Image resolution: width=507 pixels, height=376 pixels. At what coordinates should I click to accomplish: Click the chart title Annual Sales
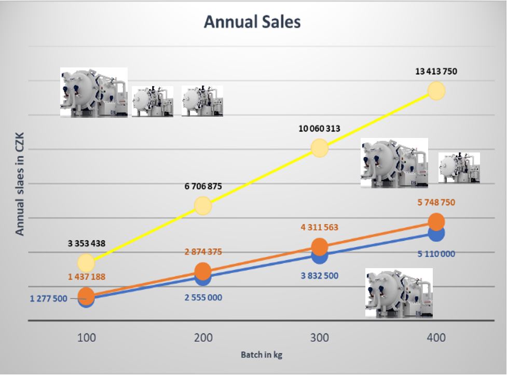(252, 22)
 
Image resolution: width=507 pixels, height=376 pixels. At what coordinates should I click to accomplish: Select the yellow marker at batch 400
(436, 91)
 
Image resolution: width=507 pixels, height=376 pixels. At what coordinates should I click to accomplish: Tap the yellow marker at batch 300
(320, 149)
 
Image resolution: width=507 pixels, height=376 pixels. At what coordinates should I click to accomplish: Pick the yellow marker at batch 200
(203, 206)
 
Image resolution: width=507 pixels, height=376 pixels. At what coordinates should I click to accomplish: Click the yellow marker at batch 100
(86, 263)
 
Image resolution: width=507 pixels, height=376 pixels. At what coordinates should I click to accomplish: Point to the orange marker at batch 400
(436, 221)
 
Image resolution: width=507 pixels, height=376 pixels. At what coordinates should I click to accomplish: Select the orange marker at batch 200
(203, 270)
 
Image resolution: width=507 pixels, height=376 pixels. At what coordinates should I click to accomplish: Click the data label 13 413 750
(436, 72)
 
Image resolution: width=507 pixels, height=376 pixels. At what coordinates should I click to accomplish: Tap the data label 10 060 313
(319, 129)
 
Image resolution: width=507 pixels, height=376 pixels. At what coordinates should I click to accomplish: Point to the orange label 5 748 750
(436, 202)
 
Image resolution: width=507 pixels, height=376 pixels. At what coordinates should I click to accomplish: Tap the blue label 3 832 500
(319, 275)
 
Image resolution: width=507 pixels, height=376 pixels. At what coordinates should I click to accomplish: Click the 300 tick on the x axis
(320, 338)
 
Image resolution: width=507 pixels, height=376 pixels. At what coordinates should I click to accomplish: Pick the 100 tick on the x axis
(86, 338)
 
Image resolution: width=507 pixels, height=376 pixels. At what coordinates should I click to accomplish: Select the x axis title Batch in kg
(262, 355)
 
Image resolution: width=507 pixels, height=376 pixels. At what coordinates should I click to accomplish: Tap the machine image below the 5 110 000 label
(399, 293)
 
